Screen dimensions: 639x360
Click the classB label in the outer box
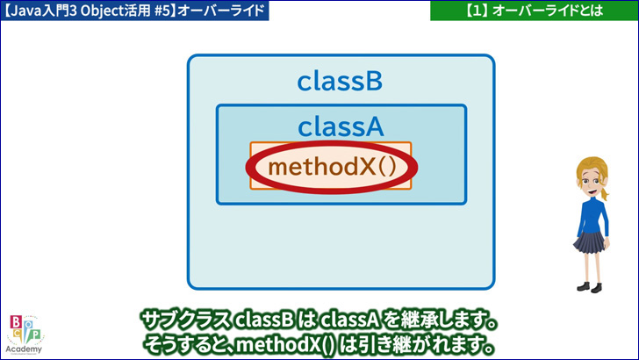tap(340, 81)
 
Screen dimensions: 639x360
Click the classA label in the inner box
tap(341, 126)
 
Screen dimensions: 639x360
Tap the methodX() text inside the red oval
tap(332, 166)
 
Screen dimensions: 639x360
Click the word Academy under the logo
tap(24, 349)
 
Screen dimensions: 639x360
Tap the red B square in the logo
tap(16, 322)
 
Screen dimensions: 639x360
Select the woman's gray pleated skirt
tap(590, 242)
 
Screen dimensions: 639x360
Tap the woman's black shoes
tap(589, 287)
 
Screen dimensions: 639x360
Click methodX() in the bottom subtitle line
tap(285, 345)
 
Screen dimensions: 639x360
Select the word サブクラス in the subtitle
tap(185, 320)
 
